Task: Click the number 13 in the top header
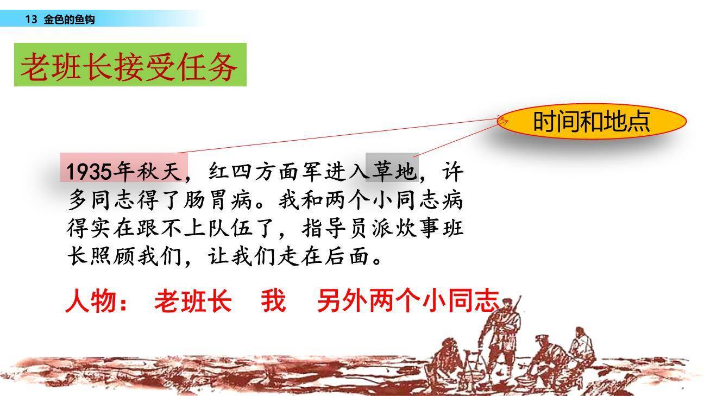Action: pos(31,20)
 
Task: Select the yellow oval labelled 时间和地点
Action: pos(591,121)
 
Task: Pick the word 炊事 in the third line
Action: pos(418,229)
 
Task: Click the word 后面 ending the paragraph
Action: pos(349,257)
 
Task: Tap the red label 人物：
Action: pos(97,301)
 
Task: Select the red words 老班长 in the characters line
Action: pos(192,301)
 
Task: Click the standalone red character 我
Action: pos(273,301)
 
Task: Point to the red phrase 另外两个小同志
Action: pos(407,301)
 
